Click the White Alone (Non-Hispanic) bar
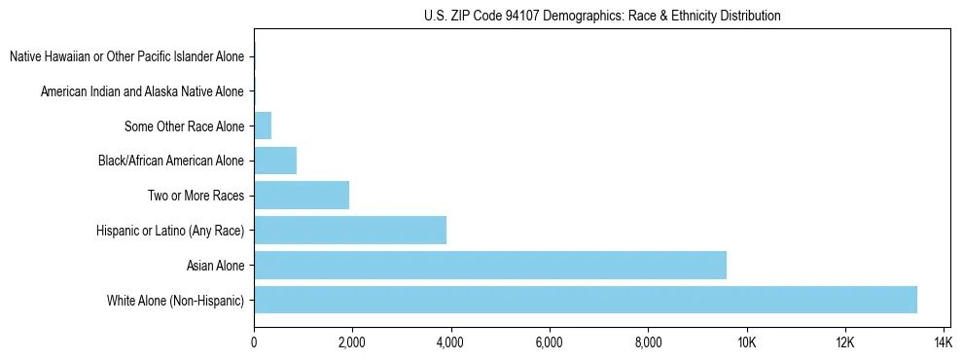coord(585,300)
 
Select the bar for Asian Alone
coord(489,265)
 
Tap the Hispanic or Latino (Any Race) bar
coord(350,230)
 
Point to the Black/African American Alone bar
coord(275,161)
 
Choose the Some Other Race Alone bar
coord(263,126)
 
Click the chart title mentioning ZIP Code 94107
coord(602,16)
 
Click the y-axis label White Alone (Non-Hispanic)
coord(176,300)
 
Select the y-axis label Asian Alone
coord(215,265)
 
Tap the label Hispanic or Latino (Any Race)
coord(170,230)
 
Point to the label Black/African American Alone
coord(171,161)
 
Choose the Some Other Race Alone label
coord(184,126)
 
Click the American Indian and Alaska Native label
coord(142,91)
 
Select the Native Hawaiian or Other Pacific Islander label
coord(126,56)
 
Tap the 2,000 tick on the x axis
coord(352,342)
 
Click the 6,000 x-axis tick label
coord(550,342)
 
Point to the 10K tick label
coord(747,342)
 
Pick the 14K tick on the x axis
coord(943,342)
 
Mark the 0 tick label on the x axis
coord(254,342)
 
